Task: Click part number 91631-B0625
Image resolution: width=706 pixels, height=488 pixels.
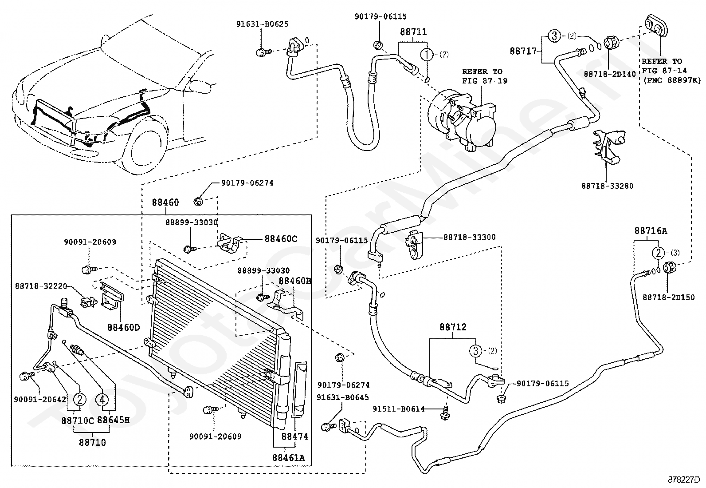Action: pyautogui.click(x=262, y=24)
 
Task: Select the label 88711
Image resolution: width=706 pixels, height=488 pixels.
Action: pyautogui.click(x=413, y=32)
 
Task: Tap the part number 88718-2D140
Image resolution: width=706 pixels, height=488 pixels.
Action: pyautogui.click(x=610, y=74)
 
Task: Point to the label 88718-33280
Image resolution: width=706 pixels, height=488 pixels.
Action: pyautogui.click(x=608, y=186)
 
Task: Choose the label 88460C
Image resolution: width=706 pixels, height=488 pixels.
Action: pyautogui.click(x=281, y=239)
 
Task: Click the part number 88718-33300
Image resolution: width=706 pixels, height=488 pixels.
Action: pyautogui.click(x=470, y=237)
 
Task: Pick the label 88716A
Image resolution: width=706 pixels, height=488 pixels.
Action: pyautogui.click(x=651, y=231)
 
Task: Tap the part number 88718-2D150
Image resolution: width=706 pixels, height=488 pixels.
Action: pyautogui.click(x=668, y=298)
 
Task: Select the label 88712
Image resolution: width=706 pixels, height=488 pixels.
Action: pyautogui.click(x=453, y=327)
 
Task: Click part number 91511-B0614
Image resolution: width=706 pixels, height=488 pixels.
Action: pyautogui.click(x=399, y=409)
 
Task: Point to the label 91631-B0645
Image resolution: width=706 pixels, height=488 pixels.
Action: pyautogui.click(x=343, y=397)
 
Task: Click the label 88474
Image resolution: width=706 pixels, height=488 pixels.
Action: pyautogui.click(x=295, y=436)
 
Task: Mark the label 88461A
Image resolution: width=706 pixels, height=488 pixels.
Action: pyautogui.click(x=288, y=458)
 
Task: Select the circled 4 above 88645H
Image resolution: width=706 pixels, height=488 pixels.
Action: pyautogui.click(x=102, y=400)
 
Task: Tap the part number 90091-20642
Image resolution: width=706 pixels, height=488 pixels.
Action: pyautogui.click(x=40, y=400)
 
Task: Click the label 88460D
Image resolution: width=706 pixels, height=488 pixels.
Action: pyautogui.click(x=124, y=327)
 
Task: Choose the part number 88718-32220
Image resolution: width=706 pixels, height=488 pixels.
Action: pyautogui.click(x=41, y=286)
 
